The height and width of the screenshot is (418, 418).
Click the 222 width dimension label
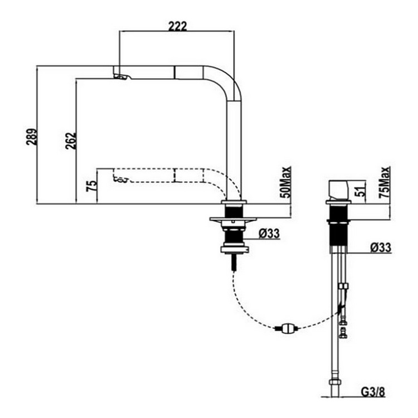click(178, 26)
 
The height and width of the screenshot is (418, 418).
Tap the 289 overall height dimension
click(31, 137)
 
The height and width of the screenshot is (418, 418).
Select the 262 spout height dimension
click(71, 140)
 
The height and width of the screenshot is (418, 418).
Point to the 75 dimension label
click(91, 186)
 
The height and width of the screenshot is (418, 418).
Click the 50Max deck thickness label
click(286, 182)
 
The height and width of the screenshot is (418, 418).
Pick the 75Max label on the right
click(385, 182)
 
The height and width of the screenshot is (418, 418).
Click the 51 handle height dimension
click(361, 191)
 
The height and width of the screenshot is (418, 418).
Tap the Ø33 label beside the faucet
click(269, 234)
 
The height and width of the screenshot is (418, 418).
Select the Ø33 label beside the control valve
click(381, 247)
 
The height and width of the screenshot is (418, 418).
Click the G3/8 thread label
click(373, 392)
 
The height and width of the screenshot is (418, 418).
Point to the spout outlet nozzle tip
click(123, 77)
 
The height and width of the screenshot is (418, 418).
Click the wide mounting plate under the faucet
click(233, 220)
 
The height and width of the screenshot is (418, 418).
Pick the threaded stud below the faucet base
click(234, 263)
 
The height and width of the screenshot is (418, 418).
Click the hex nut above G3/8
click(334, 382)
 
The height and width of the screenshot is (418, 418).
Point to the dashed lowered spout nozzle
click(120, 179)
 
